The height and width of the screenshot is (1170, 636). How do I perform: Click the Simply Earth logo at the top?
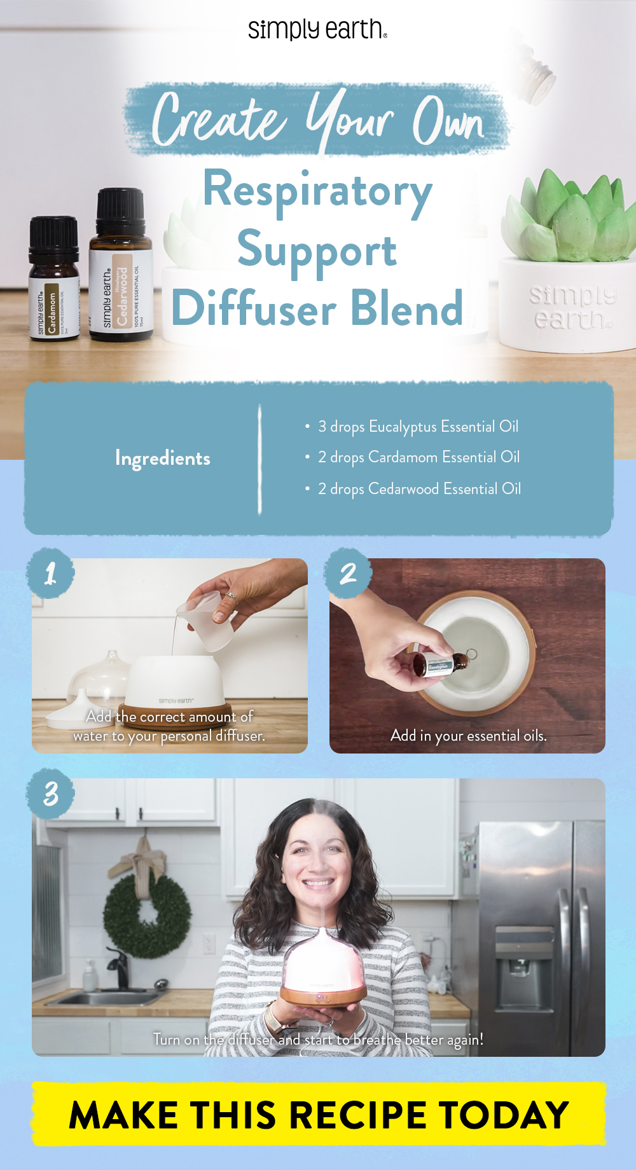click(317, 29)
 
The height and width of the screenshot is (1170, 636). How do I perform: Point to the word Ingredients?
click(163, 458)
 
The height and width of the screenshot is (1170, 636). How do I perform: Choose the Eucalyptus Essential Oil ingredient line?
click(418, 427)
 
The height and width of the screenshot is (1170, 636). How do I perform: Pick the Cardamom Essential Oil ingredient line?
click(418, 457)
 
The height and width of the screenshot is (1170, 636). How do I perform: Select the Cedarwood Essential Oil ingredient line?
click(419, 489)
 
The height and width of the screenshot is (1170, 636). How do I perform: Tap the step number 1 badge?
click(50, 573)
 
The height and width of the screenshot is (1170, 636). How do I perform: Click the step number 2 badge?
click(348, 573)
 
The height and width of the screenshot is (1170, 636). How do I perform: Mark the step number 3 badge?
click(50, 794)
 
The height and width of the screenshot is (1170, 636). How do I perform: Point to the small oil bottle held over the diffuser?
click(440, 664)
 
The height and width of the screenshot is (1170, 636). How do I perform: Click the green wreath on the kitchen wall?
click(148, 916)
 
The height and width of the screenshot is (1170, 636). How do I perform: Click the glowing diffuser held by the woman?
click(323, 967)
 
